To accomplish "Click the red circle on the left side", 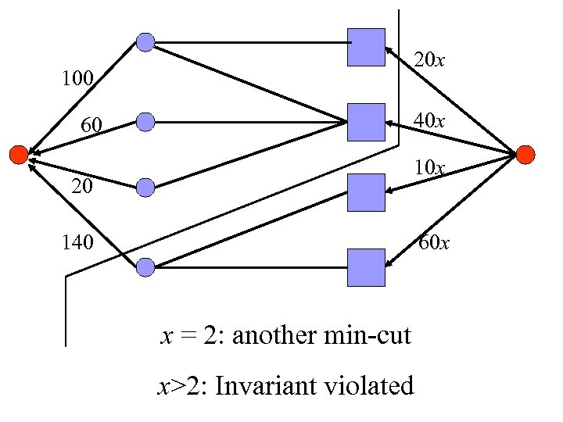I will coord(18,155).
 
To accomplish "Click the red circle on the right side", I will coord(525,155).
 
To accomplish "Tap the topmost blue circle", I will coord(145,42).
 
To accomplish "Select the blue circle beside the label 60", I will coord(145,121).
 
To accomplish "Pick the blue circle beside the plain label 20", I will coord(145,187).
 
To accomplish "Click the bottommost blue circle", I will coord(145,267).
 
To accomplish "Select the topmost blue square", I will coord(366,47).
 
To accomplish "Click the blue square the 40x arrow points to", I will coord(366,122).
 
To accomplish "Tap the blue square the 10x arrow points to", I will coord(366,192).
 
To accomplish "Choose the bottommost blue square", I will coord(366,267).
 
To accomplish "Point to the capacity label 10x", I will coord(430,167).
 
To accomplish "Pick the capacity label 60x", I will coord(433,243).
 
